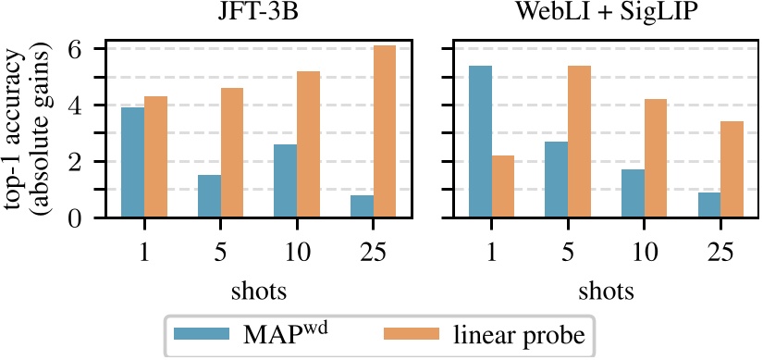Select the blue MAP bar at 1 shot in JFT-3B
point(133,163)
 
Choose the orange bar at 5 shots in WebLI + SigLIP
point(554,142)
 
